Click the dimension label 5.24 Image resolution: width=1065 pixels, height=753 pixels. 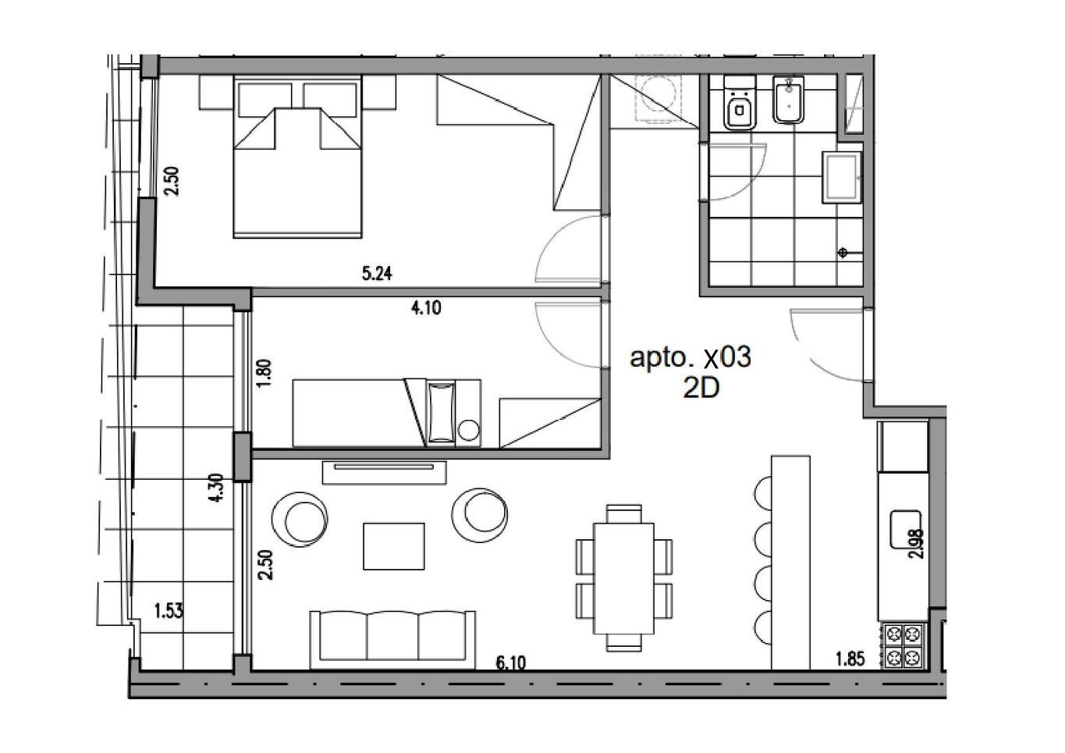[377, 274]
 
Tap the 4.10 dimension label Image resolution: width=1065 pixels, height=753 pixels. [426, 308]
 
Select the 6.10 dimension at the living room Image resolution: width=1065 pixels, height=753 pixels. [511, 662]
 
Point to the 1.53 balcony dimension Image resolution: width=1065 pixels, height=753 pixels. [169, 610]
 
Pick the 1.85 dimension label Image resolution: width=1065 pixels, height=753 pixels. [850, 659]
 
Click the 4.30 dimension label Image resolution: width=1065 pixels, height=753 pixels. [217, 488]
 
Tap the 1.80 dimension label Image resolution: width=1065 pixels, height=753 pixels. [264, 373]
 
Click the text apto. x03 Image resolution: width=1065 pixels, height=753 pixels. [690, 357]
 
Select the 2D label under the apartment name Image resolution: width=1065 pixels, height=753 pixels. [701, 389]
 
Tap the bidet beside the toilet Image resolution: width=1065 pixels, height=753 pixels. [788, 100]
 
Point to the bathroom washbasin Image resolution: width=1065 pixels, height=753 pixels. [843, 178]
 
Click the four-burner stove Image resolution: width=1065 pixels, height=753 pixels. [903, 646]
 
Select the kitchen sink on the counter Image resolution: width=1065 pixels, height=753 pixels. [905, 528]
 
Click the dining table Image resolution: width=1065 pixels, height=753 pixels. [623, 578]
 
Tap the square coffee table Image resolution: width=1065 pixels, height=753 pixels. [394, 546]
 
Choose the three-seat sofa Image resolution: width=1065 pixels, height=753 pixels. [392, 639]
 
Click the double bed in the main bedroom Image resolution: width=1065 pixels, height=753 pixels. [297, 157]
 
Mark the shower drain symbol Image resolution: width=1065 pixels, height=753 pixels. [843, 252]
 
